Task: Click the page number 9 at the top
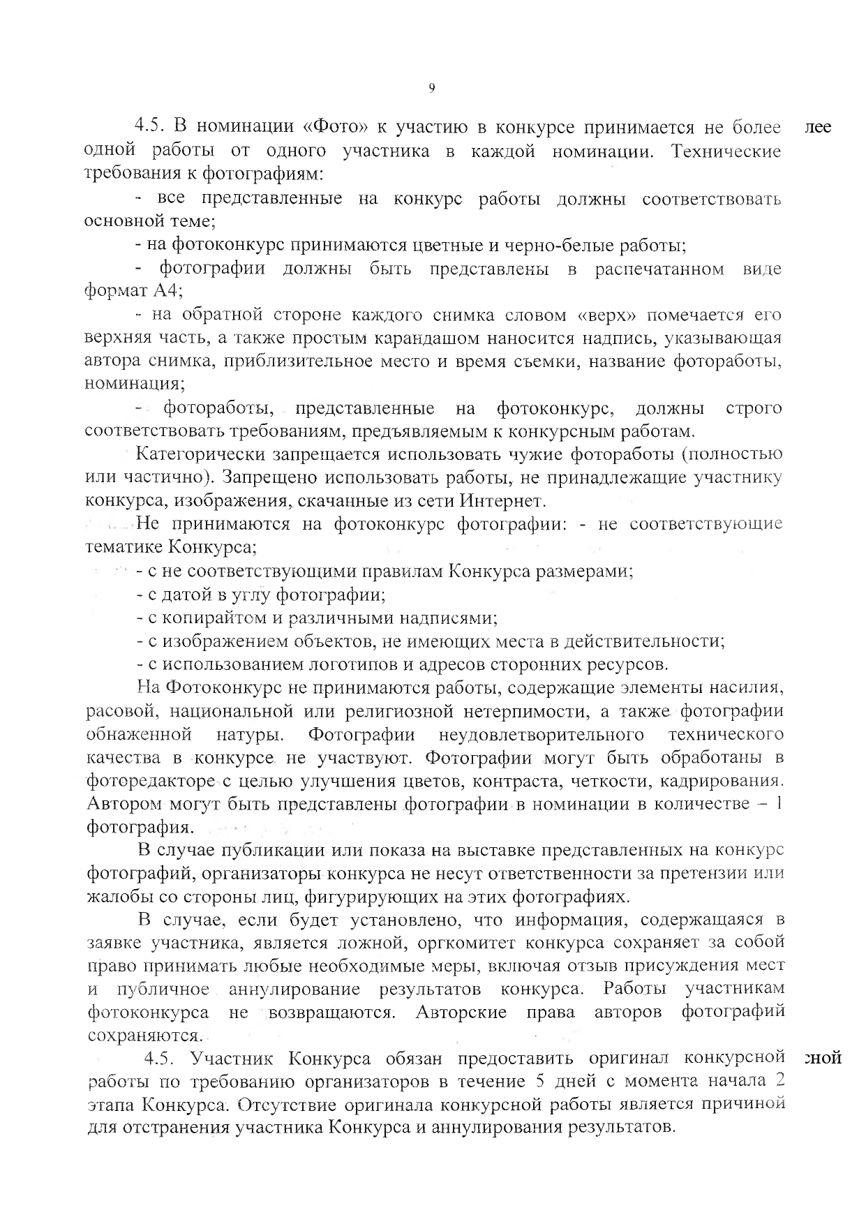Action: [x=431, y=87]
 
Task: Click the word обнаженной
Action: [x=140, y=734]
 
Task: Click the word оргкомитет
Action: [x=463, y=943]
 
